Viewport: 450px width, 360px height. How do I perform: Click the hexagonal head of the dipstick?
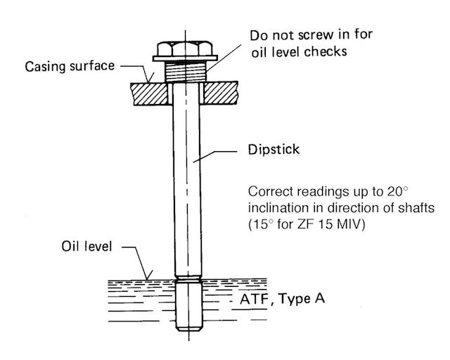point(185,49)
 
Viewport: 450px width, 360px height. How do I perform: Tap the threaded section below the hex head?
point(186,72)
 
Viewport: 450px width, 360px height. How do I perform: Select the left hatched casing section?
point(150,94)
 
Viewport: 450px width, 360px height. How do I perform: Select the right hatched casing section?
point(220,93)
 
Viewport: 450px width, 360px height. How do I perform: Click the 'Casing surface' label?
point(70,66)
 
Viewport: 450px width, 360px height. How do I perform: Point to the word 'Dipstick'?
point(274,150)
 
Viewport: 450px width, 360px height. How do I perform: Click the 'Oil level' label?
point(86,246)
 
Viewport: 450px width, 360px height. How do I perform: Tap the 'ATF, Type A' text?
point(283,299)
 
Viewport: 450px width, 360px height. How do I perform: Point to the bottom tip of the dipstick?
point(189,330)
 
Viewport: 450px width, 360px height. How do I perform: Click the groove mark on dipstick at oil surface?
point(188,278)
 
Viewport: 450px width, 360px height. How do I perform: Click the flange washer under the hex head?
point(185,58)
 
